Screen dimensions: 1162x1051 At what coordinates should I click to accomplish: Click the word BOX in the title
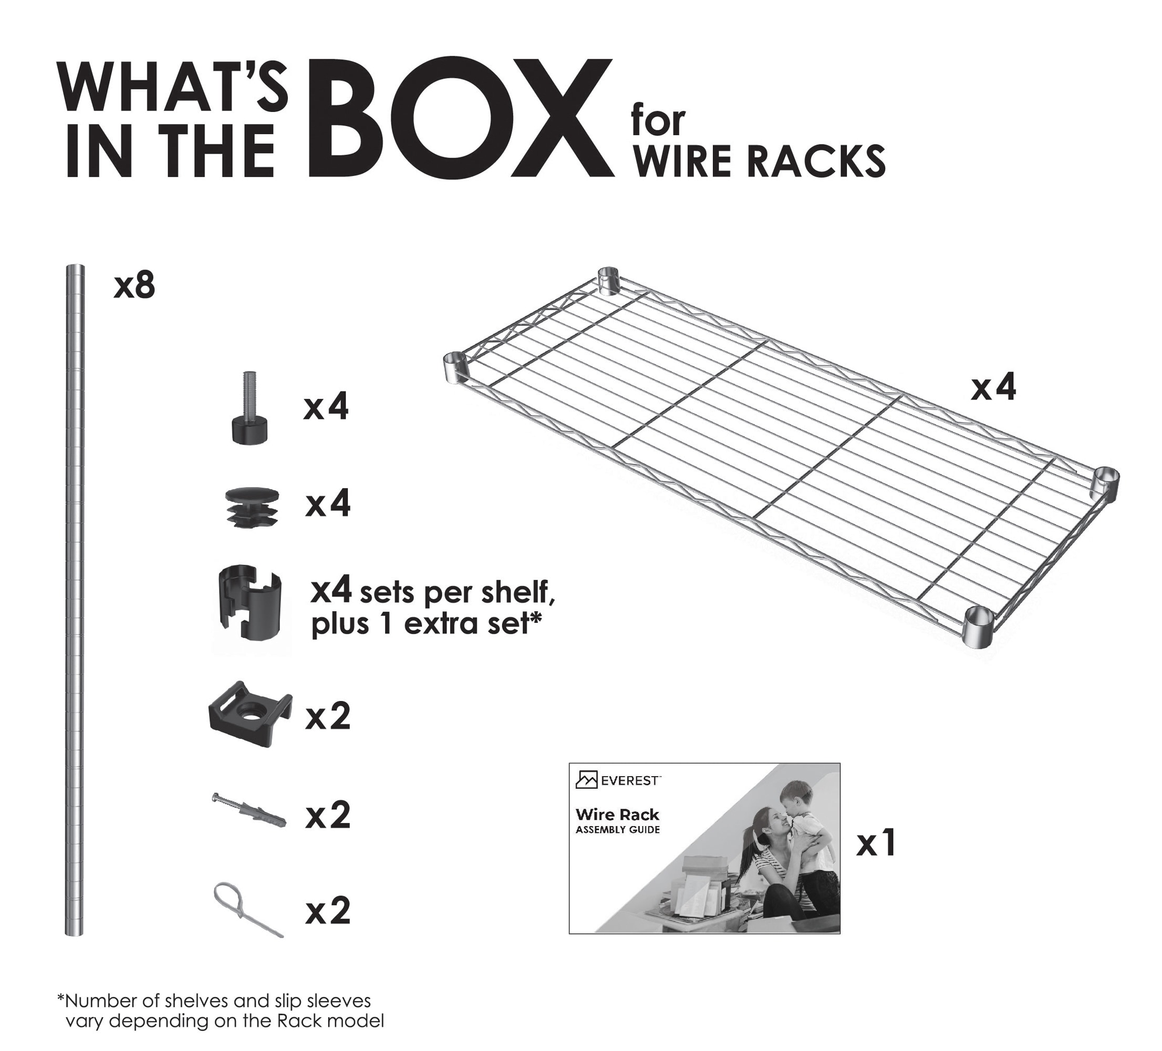pos(461,118)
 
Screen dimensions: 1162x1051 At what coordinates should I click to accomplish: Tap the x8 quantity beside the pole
pos(134,286)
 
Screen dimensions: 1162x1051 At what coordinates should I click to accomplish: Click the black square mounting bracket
pos(250,714)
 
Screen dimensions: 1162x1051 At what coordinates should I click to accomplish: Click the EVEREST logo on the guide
pos(618,780)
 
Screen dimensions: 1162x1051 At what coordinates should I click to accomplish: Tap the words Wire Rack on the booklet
pos(617,815)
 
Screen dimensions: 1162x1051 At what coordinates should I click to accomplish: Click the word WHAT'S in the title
pos(173,87)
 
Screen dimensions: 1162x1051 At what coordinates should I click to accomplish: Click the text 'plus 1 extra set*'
pos(427,624)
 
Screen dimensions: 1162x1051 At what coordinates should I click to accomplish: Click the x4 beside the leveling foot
pos(326,408)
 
